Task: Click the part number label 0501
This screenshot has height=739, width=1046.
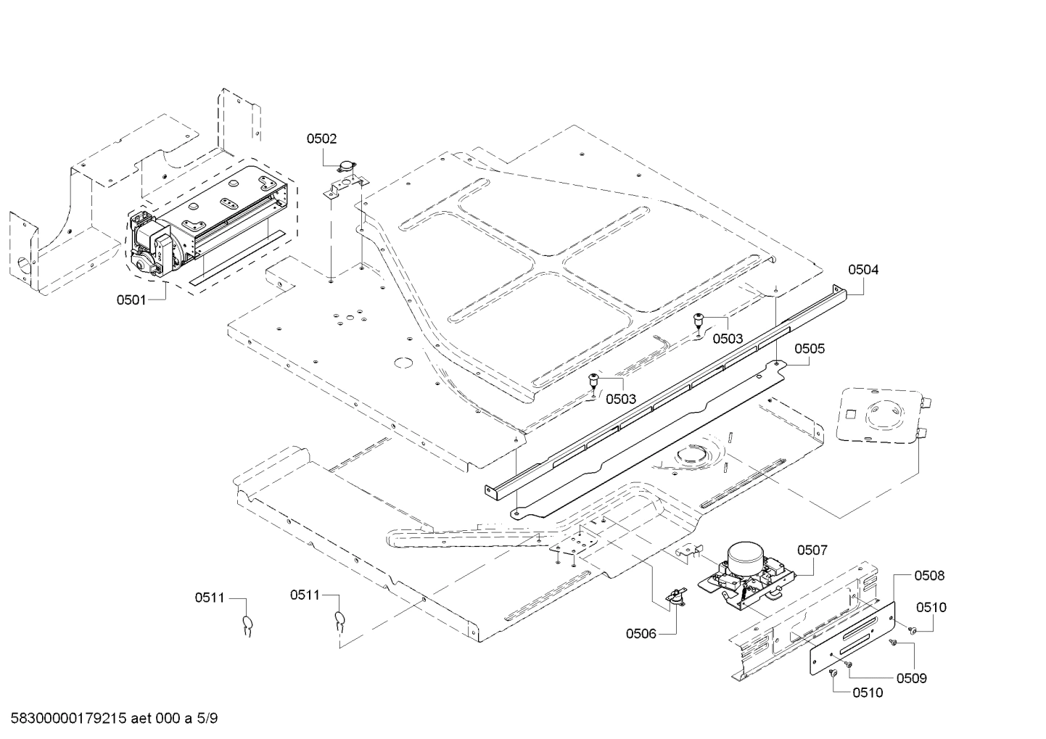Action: coord(131,299)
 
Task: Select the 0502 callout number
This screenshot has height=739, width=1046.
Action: coord(321,139)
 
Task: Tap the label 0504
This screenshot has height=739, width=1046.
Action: coord(863,270)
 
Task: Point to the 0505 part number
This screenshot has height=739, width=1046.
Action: coord(810,349)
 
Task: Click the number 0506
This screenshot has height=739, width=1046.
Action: coord(641,634)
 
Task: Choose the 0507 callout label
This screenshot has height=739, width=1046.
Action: coord(812,550)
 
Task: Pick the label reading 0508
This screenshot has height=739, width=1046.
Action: coord(929,576)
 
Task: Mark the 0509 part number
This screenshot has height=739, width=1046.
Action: coord(912,678)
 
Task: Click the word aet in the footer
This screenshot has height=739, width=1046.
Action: coord(143,719)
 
